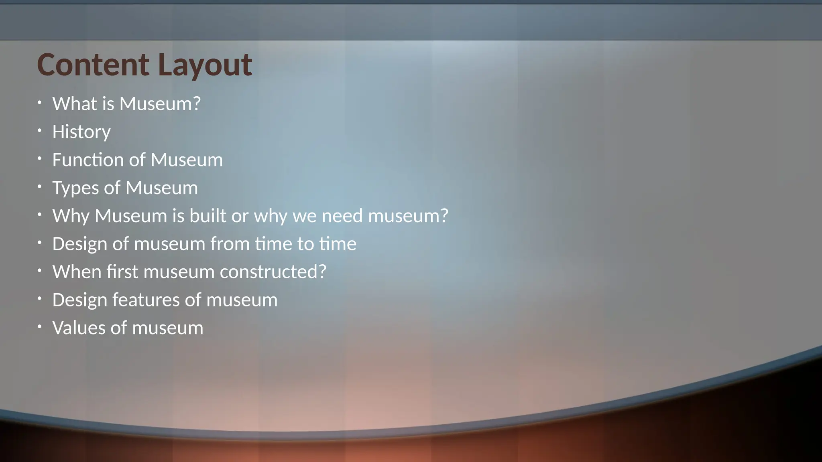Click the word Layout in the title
(x=205, y=65)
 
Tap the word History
(x=81, y=132)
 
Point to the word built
(x=208, y=216)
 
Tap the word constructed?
(x=273, y=272)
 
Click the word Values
(x=79, y=328)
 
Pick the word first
(x=122, y=272)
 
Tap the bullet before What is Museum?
(x=39, y=103)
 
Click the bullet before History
(x=39, y=131)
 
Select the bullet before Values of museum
(x=39, y=327)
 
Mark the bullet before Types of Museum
(x=39, y=187)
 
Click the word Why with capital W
(x=71, y=217)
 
